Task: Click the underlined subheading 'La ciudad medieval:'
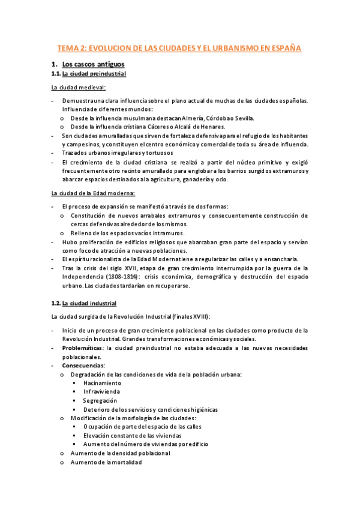click(79, 88)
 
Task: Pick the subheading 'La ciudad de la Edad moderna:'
click(93, 193)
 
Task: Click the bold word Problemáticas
click(82, 348)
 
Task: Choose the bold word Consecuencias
click(82, 366)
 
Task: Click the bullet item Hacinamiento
click(102, 383)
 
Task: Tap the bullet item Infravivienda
click(101, 392)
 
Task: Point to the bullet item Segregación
click(100, 400)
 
